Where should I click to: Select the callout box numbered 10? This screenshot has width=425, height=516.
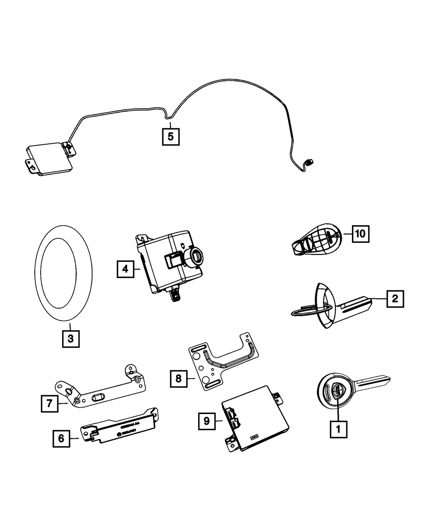point(360,233)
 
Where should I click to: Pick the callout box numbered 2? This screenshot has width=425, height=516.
point(395,299)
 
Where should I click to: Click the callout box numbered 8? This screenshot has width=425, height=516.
point(179,378)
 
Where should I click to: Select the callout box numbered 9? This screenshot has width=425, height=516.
point(207,421)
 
